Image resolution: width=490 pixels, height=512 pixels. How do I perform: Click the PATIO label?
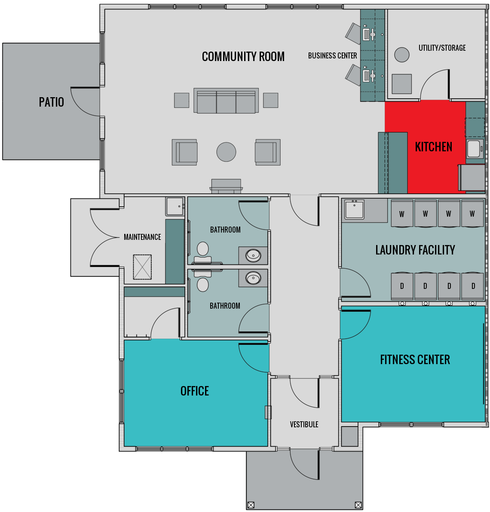point(51,102)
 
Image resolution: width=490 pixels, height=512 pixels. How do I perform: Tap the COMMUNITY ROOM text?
point(243,56)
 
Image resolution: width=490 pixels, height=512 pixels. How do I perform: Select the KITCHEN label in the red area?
point(433,147)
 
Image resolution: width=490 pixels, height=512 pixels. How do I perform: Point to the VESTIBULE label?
point(304,424)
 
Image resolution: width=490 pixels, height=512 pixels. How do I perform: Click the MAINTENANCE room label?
point(142,237)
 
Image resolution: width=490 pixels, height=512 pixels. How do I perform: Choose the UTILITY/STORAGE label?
point(442,48)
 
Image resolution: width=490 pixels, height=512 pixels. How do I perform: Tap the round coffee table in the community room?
point(226,152)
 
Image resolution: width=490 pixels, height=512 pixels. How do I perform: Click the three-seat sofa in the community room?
point(226,101)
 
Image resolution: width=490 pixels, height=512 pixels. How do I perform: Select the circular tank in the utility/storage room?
point(402,55)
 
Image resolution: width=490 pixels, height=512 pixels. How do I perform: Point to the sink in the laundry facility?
point(354,210)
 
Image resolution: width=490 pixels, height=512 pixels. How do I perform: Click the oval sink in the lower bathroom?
point(253,279)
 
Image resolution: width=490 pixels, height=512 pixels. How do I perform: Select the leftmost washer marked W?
point(402,213)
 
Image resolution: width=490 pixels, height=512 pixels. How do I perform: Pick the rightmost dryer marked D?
point(473,286)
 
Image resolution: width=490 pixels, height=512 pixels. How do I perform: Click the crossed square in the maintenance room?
point(142,267)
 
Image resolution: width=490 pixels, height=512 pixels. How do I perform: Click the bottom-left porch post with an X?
point(251,505)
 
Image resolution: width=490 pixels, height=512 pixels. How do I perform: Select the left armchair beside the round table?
point(184,152)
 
